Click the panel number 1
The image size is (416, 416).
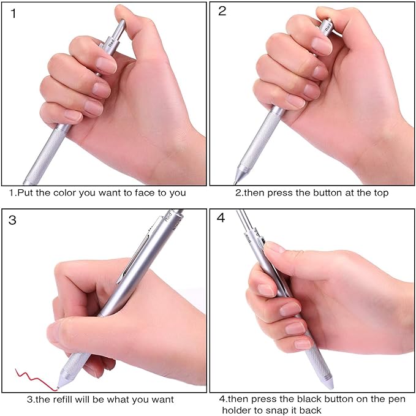[13, 13]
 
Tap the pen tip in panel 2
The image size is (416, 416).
[236, 180]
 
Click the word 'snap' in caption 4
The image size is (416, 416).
[276, 410]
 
